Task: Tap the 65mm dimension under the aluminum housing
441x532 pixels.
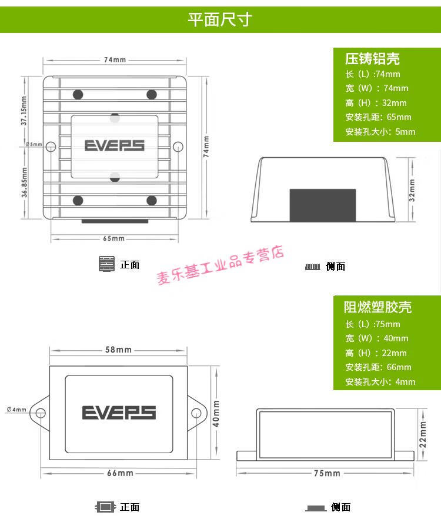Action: [114, 238]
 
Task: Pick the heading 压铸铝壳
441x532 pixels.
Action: [372, 58]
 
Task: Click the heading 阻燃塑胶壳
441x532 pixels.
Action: [377, 307]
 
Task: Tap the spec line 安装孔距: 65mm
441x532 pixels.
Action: [378, 117]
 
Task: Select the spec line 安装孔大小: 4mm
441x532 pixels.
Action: [380, 382]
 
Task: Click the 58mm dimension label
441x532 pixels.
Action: [118, 350]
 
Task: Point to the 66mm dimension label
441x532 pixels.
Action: [120, 473]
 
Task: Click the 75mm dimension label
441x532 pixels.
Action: [327, 473]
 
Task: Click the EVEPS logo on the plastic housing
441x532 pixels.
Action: [119, 412]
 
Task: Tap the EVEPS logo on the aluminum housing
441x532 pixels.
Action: [114, 145]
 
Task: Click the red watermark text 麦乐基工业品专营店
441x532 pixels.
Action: [220, 266]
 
